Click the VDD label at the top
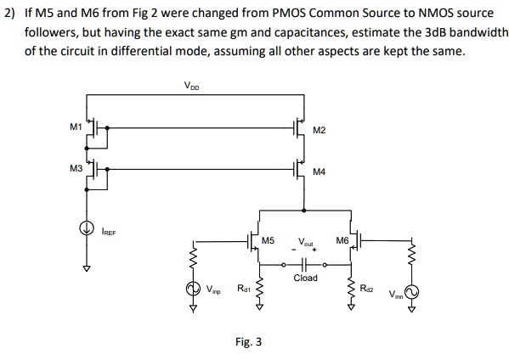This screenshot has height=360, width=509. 193,86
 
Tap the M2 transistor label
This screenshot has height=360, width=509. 319,130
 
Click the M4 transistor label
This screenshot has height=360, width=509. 319,172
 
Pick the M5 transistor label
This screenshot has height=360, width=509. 269,240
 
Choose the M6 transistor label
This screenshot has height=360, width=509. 342,240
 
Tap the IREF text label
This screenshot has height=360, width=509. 109,230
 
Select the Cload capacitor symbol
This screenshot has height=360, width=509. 305,262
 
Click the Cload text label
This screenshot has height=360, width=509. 305,278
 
